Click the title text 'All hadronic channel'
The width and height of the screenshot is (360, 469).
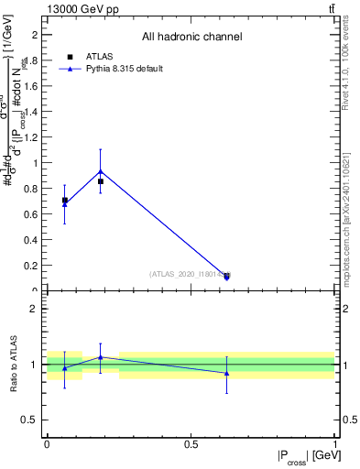point(191,38)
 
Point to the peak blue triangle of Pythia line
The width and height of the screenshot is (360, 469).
point(100,171)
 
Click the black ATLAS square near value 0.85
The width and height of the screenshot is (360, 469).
point(100,181)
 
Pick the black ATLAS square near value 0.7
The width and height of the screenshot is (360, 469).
point(64,200)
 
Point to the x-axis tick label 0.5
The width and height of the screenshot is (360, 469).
point(191,444)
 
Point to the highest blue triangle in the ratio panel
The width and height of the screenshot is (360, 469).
point(100,357)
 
